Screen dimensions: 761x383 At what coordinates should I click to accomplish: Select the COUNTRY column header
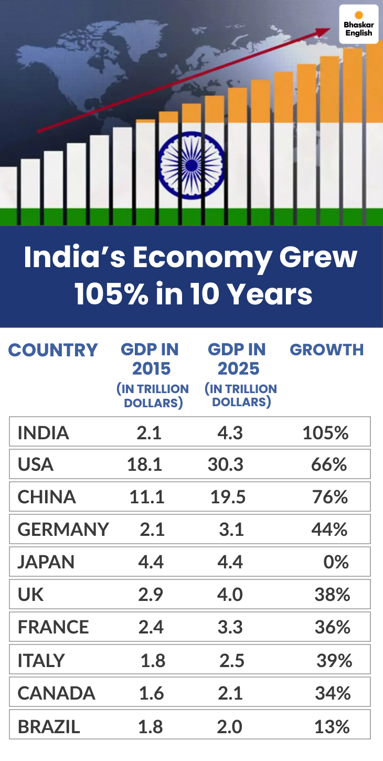[x=53, y=350]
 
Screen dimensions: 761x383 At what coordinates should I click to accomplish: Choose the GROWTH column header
[x=326, y=350]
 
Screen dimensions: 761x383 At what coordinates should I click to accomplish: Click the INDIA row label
[x=44, y=433]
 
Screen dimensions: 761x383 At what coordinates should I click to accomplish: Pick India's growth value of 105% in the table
[x=325, y=433]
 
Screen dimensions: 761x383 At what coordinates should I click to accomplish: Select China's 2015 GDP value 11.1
[x=147, y=497]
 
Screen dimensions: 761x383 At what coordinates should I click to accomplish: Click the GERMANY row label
[x=63, y=530]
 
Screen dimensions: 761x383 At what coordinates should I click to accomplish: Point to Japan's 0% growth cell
[x=336, y=562]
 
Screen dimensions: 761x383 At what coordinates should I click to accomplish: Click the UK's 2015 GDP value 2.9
[x=151, y=595]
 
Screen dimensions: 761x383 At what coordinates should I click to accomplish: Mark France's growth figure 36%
[x=332, y=627]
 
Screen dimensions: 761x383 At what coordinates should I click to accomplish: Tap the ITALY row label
[x=42, y=660]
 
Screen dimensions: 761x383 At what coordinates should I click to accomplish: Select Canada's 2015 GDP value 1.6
[x=152, y=693]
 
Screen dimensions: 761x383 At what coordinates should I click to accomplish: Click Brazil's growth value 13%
[x=332, y=726]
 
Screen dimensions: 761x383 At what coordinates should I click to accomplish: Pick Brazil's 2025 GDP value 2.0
[x=230, y=726]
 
